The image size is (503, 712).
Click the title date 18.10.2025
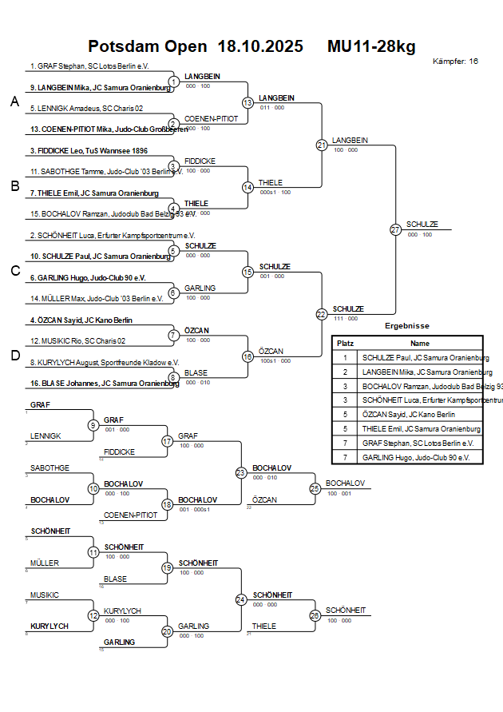pos(260,46)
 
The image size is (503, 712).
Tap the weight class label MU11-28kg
pos(371,46)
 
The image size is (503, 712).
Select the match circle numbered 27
pos(395,229)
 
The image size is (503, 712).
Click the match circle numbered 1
pos(173,82)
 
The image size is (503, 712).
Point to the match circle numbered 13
pos(248,103)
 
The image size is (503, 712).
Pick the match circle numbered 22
pos(321,314)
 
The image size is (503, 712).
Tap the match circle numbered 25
pos(315,487)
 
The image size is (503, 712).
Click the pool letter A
pos(14,101)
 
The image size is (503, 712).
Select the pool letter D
pos(14,356)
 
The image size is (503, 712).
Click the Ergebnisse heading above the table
pos(407,326)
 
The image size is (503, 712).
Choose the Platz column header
pos(345,343)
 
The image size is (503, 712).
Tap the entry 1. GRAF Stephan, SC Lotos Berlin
pos(89,66)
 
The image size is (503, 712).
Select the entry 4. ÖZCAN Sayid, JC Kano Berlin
pos(81,320)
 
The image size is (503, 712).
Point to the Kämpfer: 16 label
pos(455,61)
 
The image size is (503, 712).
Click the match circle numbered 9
pos(93,425)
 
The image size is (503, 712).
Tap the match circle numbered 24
pos(241,599)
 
